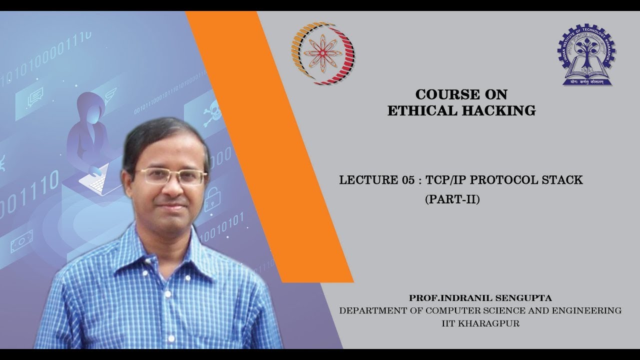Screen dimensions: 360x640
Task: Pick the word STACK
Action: point(564,180)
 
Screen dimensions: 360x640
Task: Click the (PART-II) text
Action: point(452,200)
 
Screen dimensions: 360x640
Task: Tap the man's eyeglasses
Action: point(170,176)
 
